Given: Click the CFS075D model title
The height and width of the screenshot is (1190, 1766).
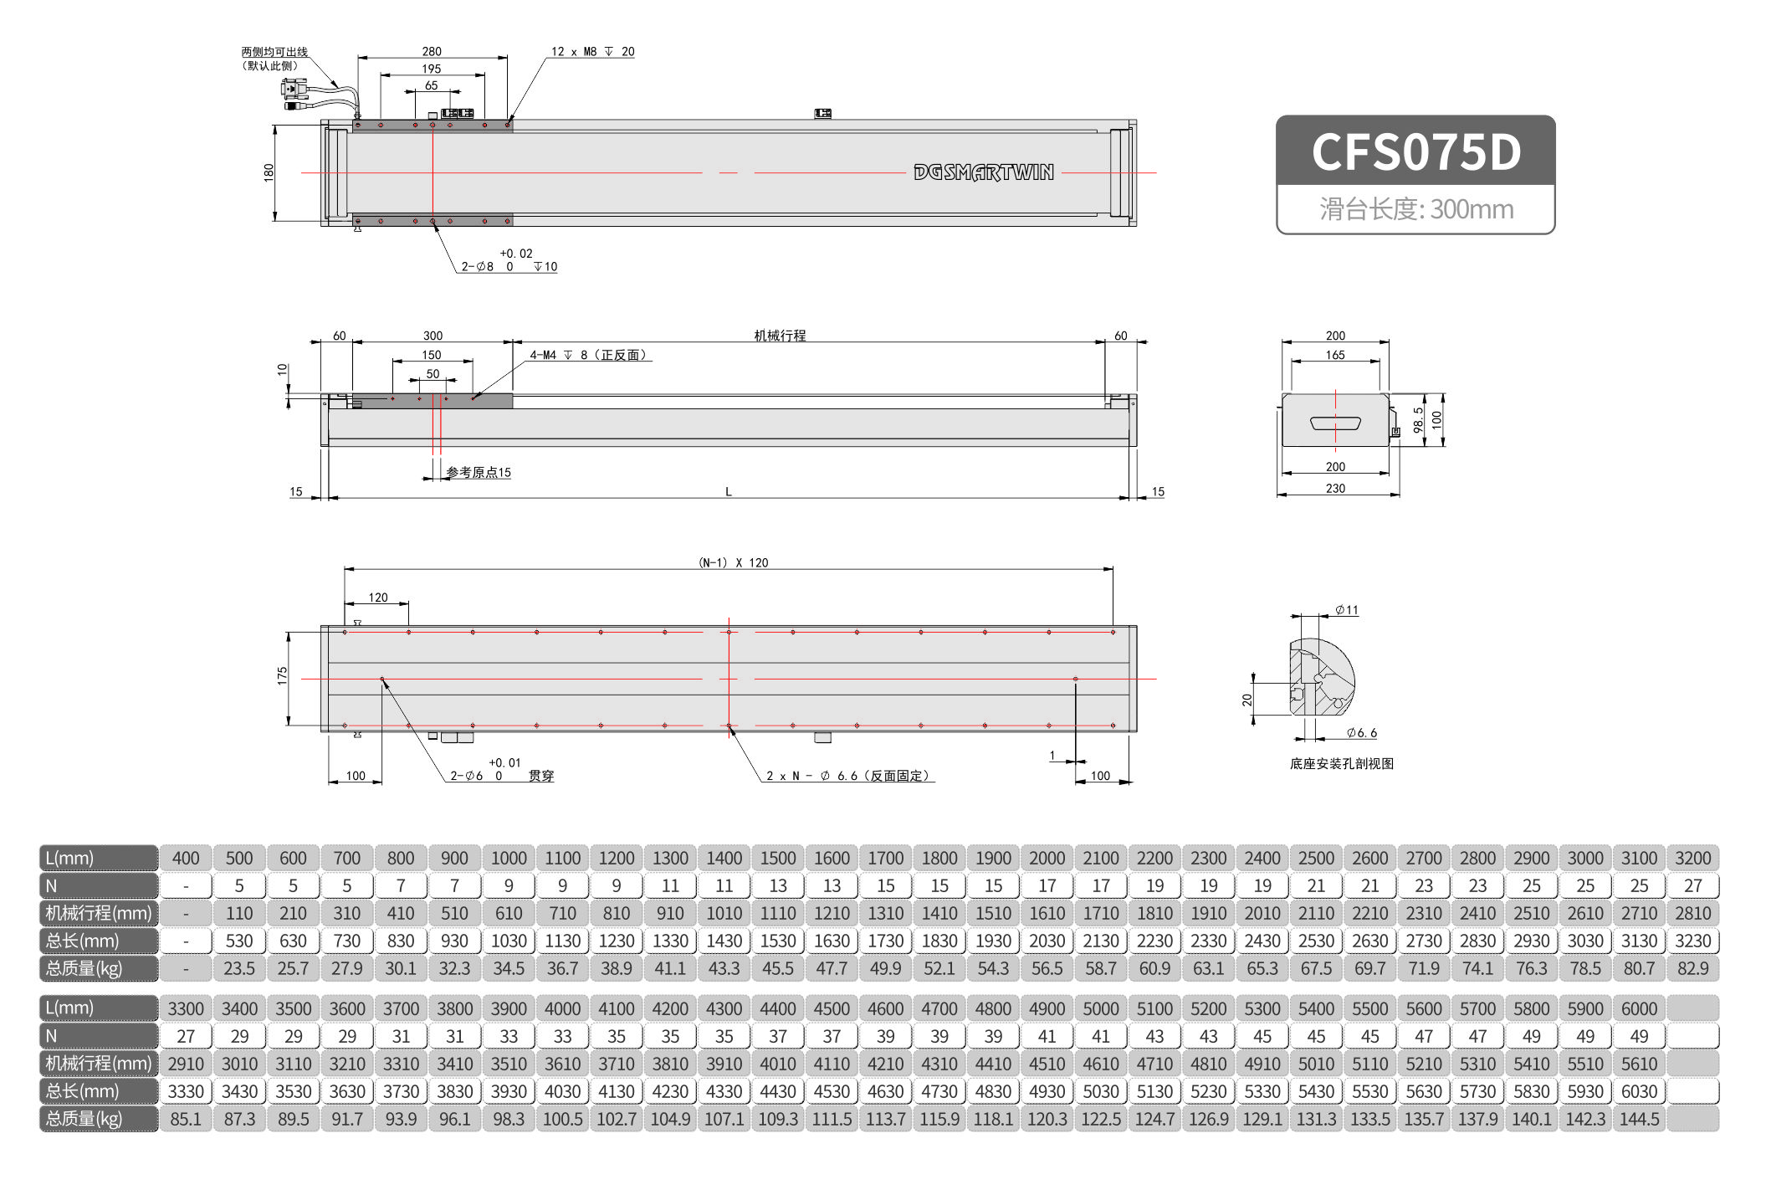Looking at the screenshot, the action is click(1415, 151).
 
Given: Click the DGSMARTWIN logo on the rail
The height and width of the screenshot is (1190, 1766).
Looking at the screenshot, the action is click(984, 172).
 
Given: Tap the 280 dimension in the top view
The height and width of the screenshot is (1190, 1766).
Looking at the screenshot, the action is click(432, 51).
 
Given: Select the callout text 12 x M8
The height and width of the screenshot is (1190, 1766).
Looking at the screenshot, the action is click(574, 51).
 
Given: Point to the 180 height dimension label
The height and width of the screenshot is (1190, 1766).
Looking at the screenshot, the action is click(269, 172).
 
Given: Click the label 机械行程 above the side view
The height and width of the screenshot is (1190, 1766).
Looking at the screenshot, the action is click(780, 335).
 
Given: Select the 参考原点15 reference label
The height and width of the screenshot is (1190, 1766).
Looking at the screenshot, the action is click(479, 472).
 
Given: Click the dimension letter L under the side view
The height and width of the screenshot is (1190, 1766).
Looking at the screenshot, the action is click(729, 492).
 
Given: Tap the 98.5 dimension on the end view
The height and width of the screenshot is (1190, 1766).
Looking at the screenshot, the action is click(1418, 420).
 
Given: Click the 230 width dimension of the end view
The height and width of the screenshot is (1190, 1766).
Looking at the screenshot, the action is click(1335, 488).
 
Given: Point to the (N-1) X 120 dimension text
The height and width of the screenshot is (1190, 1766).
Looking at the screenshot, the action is click(733, 562).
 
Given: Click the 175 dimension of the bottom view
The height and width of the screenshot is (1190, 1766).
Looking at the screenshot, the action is click(282, 676).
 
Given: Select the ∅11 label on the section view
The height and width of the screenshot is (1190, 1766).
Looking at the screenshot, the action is click(1347, 610).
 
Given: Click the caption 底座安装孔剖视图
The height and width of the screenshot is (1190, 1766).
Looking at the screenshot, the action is click(1342, 763).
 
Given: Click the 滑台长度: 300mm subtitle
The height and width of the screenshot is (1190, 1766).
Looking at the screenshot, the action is click(1416, 208).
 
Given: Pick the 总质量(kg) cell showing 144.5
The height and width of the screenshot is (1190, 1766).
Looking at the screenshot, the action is click(1639, 1119).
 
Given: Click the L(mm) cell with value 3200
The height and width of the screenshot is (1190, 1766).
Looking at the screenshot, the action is click(1692, 858).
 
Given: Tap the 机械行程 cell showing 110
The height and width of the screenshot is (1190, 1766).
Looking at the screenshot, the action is click(239, 913).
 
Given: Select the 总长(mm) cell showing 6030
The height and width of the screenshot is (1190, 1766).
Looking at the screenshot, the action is click(1639, 1091).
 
